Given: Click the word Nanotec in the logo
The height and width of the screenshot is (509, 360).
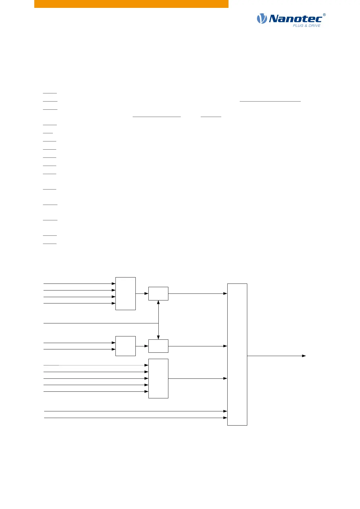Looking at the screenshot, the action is coord(295,19).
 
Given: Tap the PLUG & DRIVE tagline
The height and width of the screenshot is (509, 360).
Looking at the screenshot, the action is coord(306,26).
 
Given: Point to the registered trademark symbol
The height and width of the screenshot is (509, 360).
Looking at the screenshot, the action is coord(324,15).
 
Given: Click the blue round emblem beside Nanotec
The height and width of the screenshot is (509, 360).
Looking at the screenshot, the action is coord(262,19).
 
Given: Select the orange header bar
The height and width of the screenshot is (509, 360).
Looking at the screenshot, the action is coord(131,4).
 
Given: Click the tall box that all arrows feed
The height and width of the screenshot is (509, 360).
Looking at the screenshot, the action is coord(237,354).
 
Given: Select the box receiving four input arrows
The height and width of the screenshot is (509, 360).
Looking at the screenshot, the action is coord(125,293).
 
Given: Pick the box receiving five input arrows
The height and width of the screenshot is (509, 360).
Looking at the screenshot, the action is coord(158,378).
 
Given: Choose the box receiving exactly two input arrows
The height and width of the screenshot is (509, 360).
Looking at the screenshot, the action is coord(125,346).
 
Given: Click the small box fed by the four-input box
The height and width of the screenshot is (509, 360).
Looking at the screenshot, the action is coord(158,293).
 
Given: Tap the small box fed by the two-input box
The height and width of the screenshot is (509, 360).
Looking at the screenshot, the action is coord(158,346).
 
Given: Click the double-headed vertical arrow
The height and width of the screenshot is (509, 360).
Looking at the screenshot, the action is coord(158,320).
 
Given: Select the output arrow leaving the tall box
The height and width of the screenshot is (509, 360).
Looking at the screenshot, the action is coord(276,356).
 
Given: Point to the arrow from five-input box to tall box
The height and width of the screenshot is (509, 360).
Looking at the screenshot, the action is coord(197,378).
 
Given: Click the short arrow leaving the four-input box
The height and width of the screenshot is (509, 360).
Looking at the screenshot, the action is coord(142,293).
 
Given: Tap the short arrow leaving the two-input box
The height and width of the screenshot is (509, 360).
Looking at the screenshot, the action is coord(142,346).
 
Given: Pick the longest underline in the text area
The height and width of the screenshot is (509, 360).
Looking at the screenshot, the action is coord(270,101).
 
